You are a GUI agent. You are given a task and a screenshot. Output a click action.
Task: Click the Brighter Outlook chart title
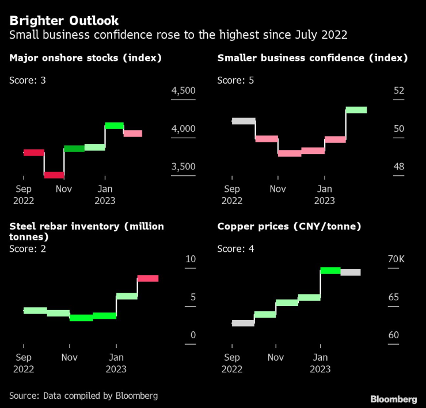pos(63,21)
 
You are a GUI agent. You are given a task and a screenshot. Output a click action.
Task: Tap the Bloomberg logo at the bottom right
pos(393,399)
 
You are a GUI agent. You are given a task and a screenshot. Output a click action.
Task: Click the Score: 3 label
pos(28,80)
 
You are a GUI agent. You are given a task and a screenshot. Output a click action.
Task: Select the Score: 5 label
pos(235,80)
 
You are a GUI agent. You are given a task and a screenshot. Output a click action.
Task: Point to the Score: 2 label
pos(28,248)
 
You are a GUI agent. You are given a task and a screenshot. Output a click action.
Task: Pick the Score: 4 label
pos(235,248)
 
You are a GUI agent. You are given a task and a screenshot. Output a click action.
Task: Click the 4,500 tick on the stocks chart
pos(184,91)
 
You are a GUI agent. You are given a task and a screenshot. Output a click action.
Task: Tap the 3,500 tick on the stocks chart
pos(184,167)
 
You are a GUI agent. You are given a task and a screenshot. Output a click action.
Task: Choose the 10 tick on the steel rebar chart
pos(190,259)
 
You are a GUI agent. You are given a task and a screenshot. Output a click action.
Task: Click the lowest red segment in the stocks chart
pos(54,175)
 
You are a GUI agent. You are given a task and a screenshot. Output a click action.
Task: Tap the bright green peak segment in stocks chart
pos(114,125)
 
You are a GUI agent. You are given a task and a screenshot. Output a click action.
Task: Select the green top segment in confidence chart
pos(356,109)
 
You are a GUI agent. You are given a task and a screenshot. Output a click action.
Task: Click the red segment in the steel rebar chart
pos(148,278)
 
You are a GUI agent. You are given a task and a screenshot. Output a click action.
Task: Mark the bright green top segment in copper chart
pos(330,270)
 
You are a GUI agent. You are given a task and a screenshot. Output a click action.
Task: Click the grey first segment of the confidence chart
pos(244,121)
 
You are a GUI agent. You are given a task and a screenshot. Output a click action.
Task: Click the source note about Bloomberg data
pos(83,396)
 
